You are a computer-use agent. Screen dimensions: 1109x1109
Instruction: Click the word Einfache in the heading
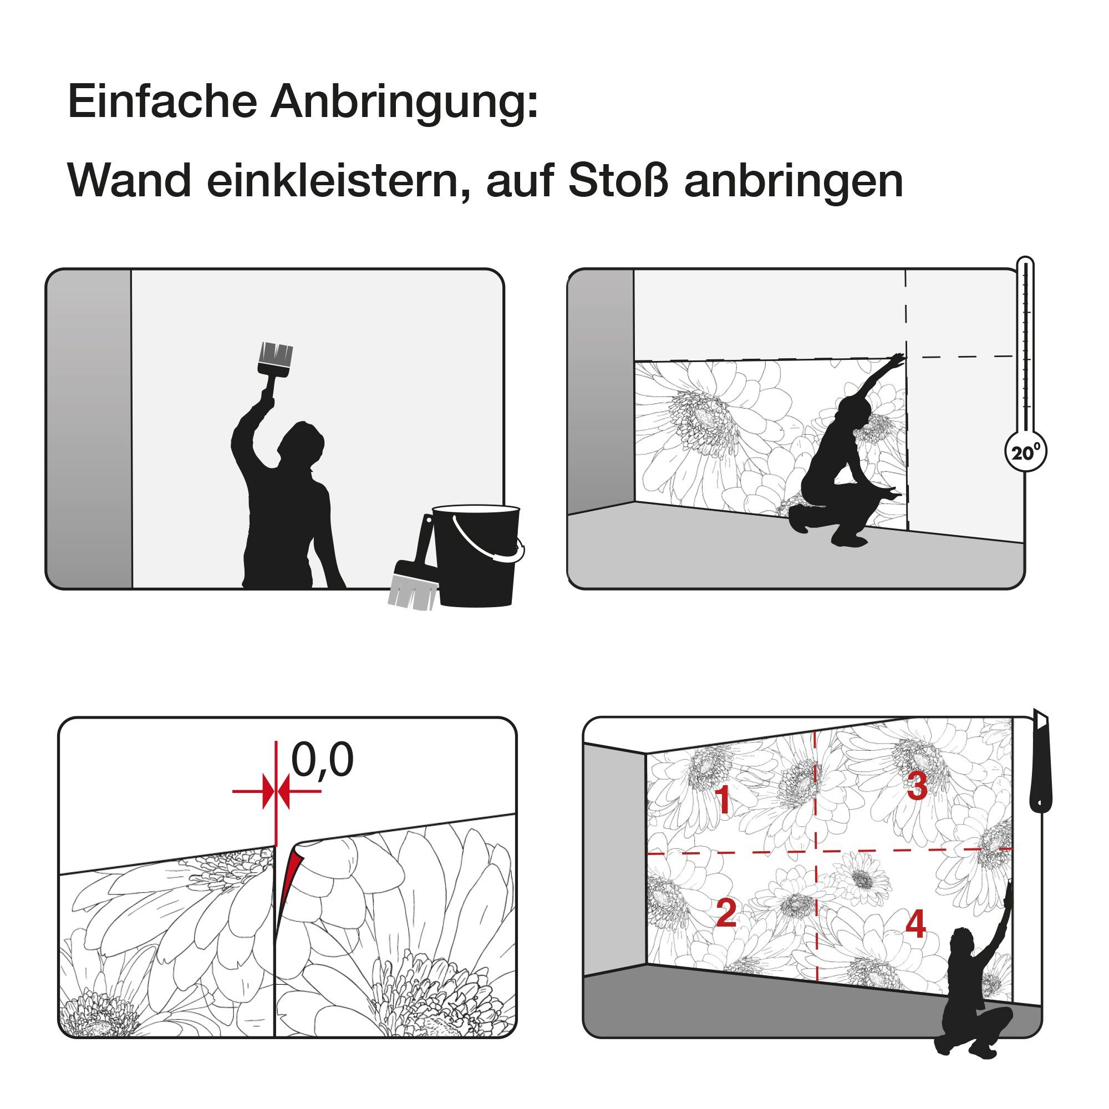click(162, 101)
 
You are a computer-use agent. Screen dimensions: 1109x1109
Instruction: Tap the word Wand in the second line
click(129, 181)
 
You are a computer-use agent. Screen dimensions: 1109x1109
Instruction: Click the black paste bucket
click(477, 555)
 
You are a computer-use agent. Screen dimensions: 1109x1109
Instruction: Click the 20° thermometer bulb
click(1026, 451)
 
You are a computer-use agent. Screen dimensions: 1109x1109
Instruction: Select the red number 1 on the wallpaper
click(724, 799)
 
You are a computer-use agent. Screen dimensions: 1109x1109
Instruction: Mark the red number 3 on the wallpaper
click(917, 785)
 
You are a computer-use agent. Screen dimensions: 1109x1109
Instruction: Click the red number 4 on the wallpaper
click(915, 924)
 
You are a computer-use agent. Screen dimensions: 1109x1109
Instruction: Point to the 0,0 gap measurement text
click(322, 760)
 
